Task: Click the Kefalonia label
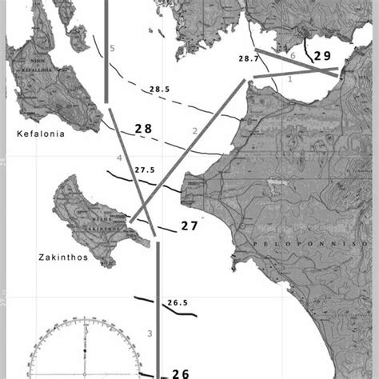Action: coord(38,135)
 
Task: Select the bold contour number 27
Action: coord(189,226)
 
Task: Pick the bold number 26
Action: coord(181,373)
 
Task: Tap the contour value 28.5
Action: coord(158,88)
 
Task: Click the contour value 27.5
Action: coord(145,170)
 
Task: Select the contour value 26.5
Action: coord(178,303)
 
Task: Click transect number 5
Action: coord(112,50)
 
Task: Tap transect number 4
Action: coord(119,159)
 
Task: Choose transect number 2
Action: coord(194,130)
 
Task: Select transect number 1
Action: coord(290,79)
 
